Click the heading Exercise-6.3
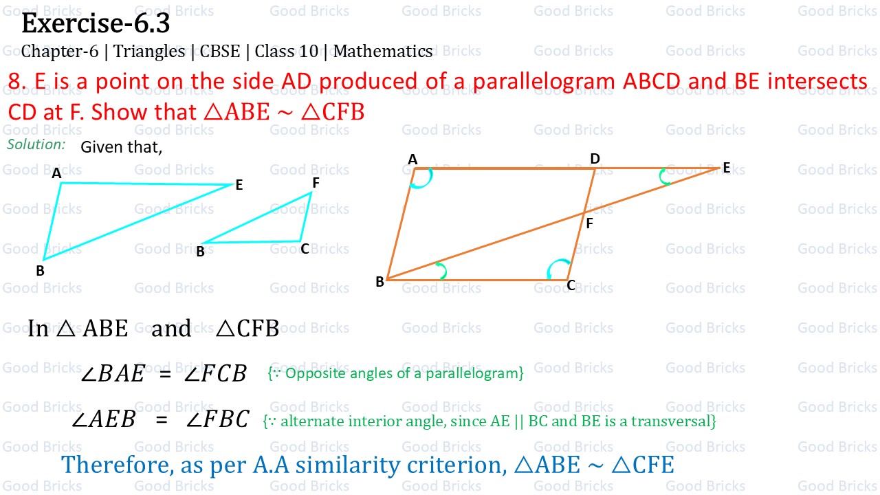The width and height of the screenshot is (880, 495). coord(96,23)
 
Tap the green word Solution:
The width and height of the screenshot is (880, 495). coord(36,144)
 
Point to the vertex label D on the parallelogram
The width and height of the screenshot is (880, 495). coord(595,159)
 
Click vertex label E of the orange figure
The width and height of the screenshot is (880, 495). coord(726,168)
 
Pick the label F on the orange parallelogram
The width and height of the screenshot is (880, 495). coord(589,223)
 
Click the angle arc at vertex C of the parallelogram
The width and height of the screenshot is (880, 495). coord(559,267)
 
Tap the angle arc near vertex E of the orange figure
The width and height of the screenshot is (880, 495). coord(664,177)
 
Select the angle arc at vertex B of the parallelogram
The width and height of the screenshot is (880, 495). coord(441,271)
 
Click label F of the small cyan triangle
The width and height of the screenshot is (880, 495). coord(316,183)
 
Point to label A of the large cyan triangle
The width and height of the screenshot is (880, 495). coord(56,174)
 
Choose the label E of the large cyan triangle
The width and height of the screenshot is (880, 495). coord(239,185)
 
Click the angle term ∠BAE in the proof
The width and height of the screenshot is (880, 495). coord(113,373)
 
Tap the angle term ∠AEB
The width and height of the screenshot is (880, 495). coord(104,419)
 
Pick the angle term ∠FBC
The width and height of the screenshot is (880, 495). coord(217,419)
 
